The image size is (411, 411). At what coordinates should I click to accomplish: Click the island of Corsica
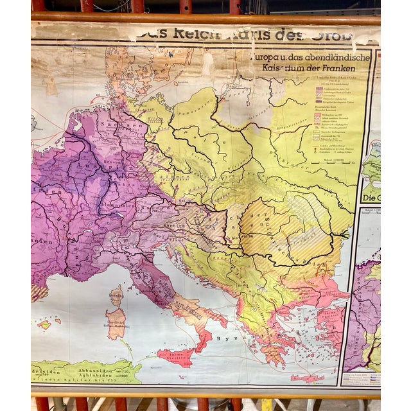pyautogui.click(x=116, y=295)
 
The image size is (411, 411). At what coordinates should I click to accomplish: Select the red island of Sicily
pyautogui.click(x=175, y=356)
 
